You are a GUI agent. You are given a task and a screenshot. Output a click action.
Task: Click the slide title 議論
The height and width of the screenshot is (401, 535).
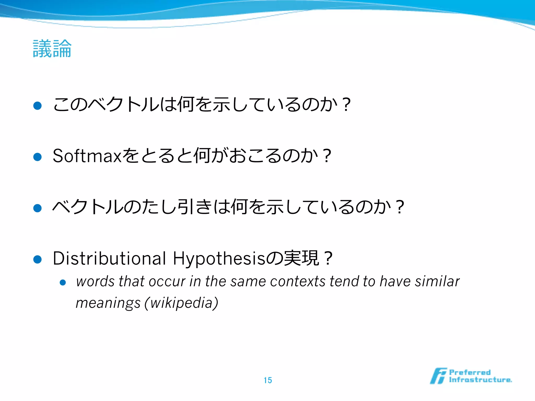[52, 49]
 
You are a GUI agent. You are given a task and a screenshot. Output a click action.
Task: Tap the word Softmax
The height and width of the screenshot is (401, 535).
[87, 156]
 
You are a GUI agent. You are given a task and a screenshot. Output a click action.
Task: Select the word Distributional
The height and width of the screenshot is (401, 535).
[109, 258]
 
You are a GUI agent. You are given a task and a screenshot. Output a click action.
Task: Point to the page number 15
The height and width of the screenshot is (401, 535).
[267, 380]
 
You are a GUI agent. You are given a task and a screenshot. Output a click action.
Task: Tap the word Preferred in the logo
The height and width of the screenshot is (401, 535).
[470, 372]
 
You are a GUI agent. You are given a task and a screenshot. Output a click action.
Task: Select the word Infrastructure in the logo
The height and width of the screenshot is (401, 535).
[480, 380]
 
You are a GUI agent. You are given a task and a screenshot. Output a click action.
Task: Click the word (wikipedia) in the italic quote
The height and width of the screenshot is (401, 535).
[181, 303]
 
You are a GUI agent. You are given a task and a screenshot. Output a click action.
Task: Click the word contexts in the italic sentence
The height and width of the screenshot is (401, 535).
[298, 281]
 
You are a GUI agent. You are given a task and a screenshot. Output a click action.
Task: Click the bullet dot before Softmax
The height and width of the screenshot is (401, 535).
[38, 157]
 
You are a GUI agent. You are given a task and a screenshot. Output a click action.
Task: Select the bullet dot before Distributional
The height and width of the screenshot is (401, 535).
[38, 260]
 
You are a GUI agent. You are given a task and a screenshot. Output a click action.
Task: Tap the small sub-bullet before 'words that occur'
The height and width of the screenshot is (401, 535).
[63, 282]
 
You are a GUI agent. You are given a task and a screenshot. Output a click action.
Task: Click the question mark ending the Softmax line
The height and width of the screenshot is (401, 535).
[327, 156]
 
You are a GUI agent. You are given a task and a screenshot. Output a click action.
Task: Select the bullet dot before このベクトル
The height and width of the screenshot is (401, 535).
[38, 106]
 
